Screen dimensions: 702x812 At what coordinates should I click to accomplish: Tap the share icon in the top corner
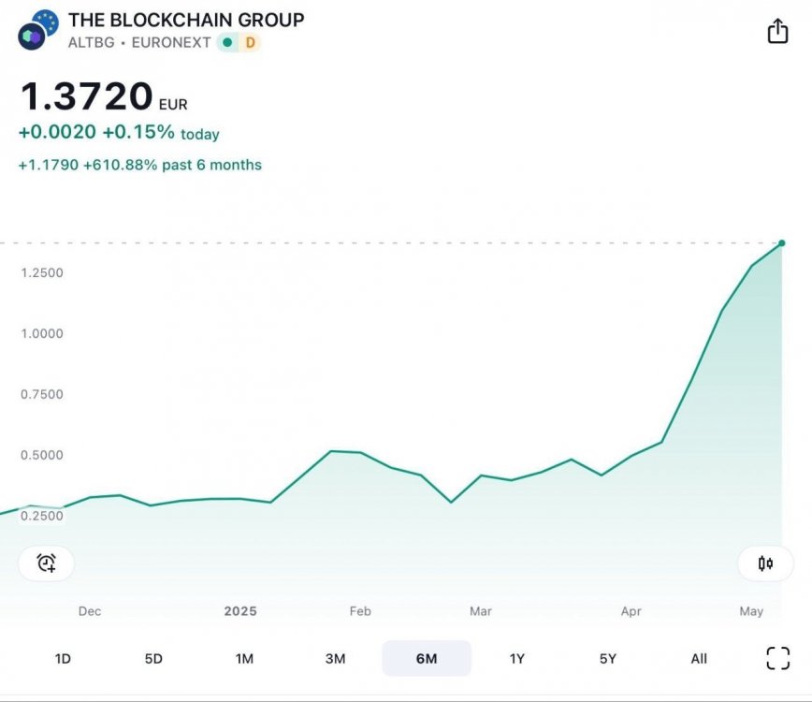pyautogui.click(x=777, y=32)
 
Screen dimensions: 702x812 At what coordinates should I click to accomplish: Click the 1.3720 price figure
pyautogui.click(x=87, y=96)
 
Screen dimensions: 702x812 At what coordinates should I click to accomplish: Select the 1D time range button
pyautogui.click(x=63, y=659)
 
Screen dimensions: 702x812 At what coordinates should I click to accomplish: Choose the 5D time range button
pyautogui.click(x=153, y=659)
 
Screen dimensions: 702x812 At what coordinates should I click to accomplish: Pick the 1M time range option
pyautogui.click(x=244, y=659)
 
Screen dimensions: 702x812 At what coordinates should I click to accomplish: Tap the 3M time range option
pyautogui.click(x=335, y=659)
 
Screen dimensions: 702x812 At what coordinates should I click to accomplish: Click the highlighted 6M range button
pyautogui.click(x=427, y=659)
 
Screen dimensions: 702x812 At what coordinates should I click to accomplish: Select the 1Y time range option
pyautogui.click(x=517, y=659)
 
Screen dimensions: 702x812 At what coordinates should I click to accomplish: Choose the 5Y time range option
pyautogui.click(x=608, y=659)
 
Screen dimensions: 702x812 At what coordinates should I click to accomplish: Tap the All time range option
pyautogui.click(x=699, y=659)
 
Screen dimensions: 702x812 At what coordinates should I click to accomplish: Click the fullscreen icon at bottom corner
pyautogui.click(x=777, y=658)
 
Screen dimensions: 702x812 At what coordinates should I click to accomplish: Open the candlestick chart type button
pyautogui.click(x=765, y=563)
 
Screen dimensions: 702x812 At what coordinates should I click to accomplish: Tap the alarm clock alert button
pyautogui.click(x=46, y=563)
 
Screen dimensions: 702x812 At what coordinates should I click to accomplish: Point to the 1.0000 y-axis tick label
pyautogui.click(x=42, y=334)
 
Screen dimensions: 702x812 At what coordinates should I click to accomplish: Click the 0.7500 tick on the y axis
pyautogui.click(x=42, y=395)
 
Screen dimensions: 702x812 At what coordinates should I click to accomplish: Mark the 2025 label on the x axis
pyautogui.click(x=240, y=611)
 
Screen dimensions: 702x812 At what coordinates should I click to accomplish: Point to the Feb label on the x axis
pyautogui.click(x=360, y=611)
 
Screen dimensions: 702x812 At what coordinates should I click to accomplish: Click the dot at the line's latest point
pyautogui.click(x=781, y=242)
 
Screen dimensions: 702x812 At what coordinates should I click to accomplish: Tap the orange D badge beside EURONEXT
pyautogui.click(x=250, y=42)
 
